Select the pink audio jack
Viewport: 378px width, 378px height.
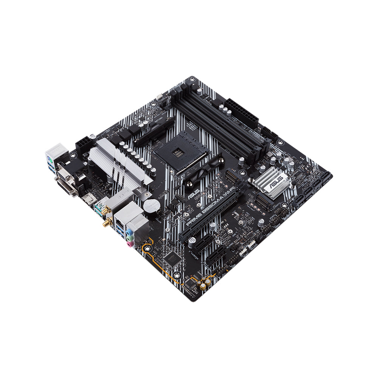pos(130,244)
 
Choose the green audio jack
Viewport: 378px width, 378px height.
pos(130,237)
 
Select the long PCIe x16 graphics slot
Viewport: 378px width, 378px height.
pos(212,215)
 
